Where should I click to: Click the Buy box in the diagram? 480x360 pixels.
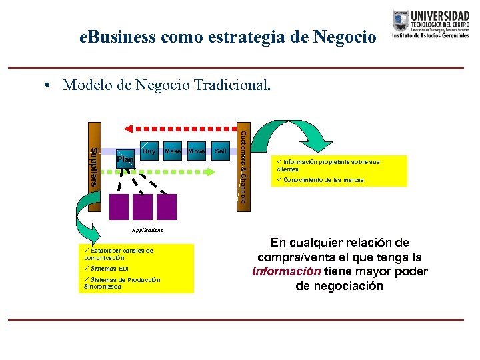pos(149,151)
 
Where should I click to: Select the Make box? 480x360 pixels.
pos(173,151)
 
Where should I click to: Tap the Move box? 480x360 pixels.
pos(196,151)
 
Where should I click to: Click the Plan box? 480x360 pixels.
pos(125,159)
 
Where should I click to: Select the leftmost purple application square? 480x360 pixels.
pos(121,207)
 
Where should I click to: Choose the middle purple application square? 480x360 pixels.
pos(143,207)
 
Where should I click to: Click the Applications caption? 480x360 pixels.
pos(147,229)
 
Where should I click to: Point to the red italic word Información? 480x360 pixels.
pos(286,271)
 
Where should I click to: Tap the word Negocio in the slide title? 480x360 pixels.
pos(343,37)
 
